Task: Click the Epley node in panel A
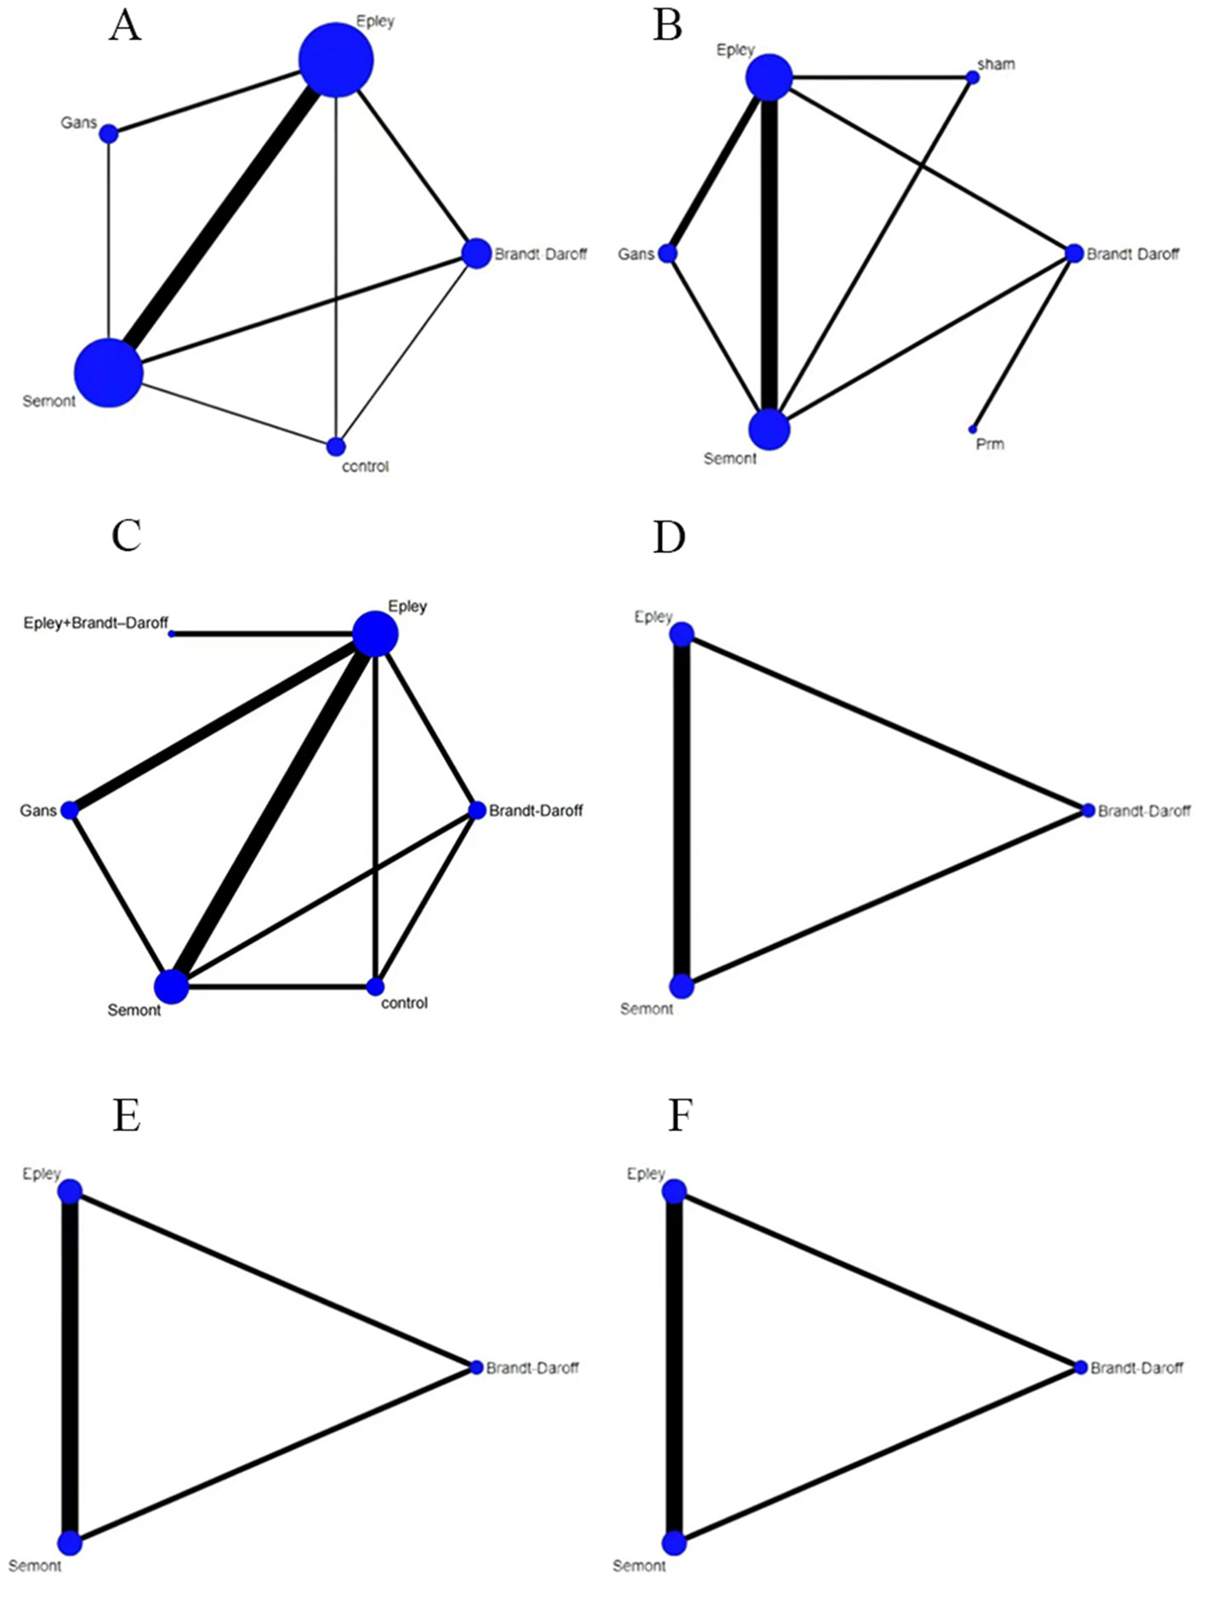(336, 60)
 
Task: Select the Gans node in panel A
(109, 134)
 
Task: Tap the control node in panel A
(336, 447)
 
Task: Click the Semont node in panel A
(109, 373)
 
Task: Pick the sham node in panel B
(973, 77)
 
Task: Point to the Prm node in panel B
(973, 430)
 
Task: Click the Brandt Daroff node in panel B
(1074, 253)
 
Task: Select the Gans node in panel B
(668, 253)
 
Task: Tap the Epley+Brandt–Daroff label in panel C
(96, 623)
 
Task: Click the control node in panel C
(375, 987)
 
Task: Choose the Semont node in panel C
(171, 987)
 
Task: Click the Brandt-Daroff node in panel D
(1088, 811)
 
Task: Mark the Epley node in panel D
(682, 635)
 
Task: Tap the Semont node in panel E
(70, 1543)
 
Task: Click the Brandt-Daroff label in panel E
(532, 1368)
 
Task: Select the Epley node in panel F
(674, 1192)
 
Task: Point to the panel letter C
(127, 536)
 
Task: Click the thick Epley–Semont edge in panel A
(223, 216)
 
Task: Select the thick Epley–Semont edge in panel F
(674, 1368)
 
